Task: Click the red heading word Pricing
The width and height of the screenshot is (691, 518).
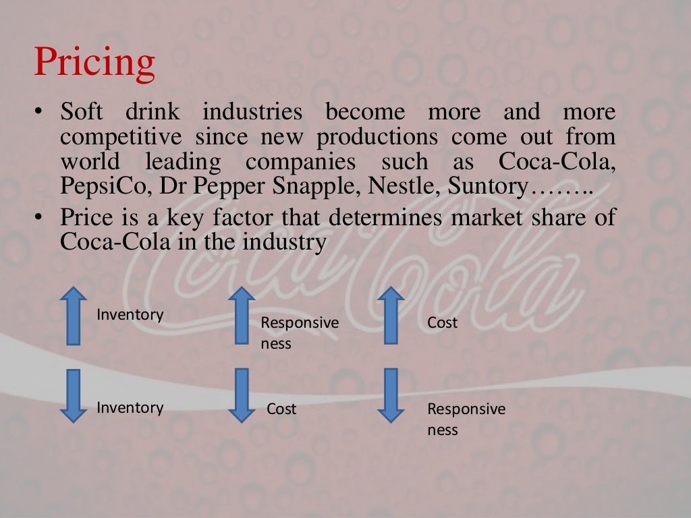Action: (x=94, y=63)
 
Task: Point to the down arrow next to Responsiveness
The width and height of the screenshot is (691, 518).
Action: (x=390, y=396)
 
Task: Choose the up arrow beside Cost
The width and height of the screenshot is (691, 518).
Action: (x=390, y=316)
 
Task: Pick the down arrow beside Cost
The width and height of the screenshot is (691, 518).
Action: (x=241, y=396)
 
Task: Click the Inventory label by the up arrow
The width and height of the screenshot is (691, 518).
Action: (x=130, y=315)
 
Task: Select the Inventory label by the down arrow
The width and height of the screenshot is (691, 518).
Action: (x=130, y=407)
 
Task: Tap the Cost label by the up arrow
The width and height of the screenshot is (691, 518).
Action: (x=442, y=323)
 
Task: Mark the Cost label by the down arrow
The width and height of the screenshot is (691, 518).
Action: (x=281, y=409)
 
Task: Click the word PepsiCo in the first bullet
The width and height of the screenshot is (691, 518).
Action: (x=106, y=186)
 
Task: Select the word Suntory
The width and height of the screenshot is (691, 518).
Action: (x=482, y=186)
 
